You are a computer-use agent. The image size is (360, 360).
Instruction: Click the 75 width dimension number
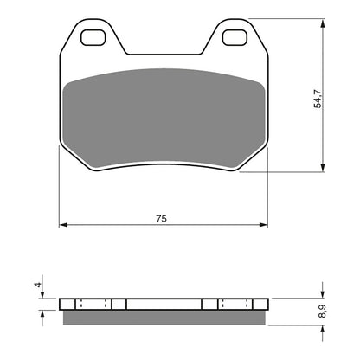pyautogui.click(x=162, y=220)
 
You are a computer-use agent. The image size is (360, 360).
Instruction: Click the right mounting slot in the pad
pyautogui.click(x=234, y=37)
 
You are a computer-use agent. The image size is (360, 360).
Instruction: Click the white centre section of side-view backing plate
pyautogui.click(x=164, y=305)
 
